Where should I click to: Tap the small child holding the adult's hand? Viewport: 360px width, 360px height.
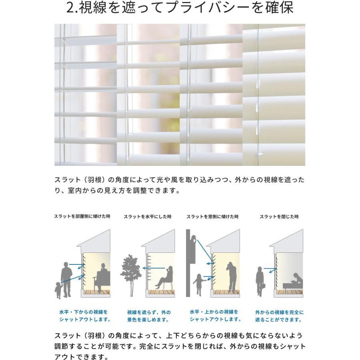coord(59,290)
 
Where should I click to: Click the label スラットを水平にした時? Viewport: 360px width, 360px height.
coord(147,216)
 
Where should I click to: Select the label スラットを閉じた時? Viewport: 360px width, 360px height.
coord(279,216)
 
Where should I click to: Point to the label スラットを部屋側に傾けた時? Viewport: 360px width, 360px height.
coord(82,216)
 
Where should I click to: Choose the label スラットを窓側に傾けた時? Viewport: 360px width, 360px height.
coord(212,216)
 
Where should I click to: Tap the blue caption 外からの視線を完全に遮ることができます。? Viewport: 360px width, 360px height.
coord(279,316)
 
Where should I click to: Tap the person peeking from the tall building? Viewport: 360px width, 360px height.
coord(194,241)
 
